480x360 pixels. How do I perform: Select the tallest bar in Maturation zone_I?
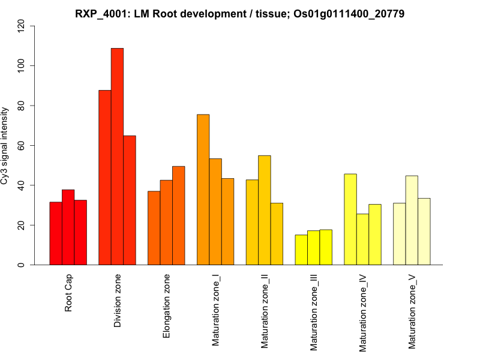click(x=203, y=189)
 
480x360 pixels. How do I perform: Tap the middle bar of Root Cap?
click(x=68, y=227)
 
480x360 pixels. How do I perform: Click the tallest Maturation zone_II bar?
click(x=264, y=210)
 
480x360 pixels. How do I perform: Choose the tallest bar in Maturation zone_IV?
click(x=350, y=219)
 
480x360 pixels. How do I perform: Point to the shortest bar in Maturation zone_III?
click(x=301, y=250)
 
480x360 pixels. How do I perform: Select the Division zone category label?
click(x=118, y=301)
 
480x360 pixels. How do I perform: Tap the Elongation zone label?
click(x=167, y=306)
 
